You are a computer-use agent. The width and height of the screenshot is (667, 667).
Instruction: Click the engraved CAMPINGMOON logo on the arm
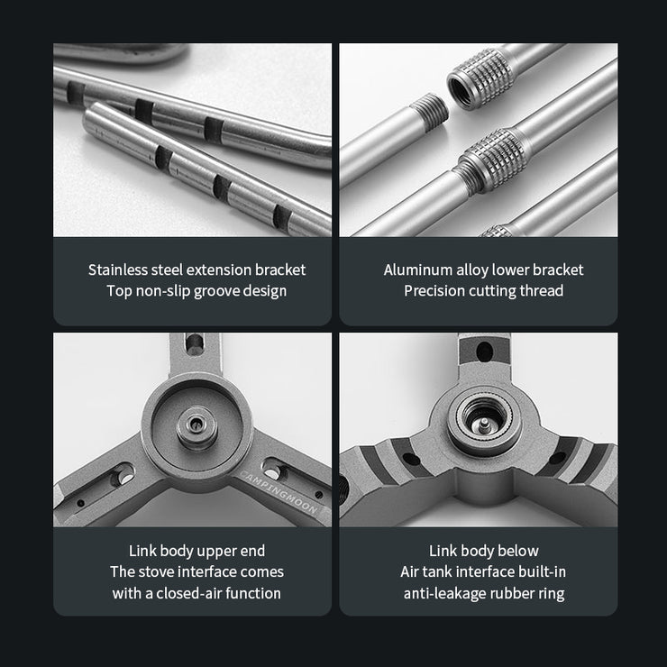click(x=279, y=491)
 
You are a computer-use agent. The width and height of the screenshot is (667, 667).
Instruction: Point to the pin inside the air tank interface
click(x=484, y=423)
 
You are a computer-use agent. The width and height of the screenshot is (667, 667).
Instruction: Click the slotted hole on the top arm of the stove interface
click(x=195, y=343)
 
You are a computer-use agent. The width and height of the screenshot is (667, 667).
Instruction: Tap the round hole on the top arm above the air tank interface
click(x=485, y=352)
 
